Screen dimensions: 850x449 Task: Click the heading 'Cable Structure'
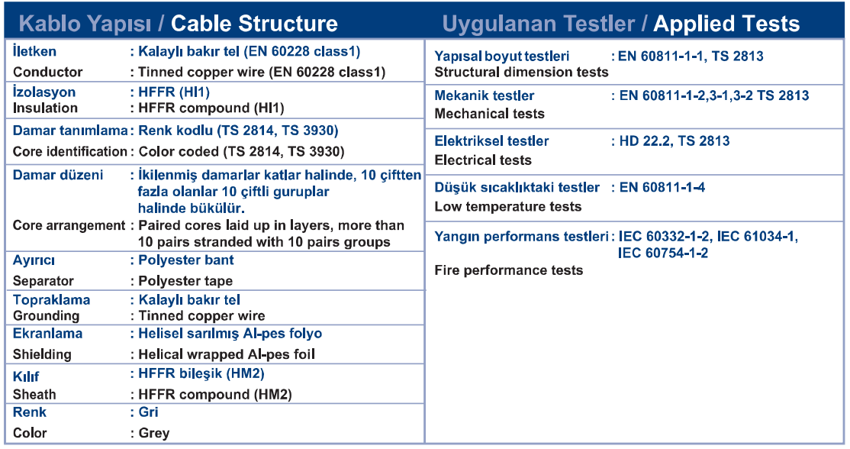pyautogui.click(x=254, y=24)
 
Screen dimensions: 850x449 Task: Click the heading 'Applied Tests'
pyautogui.click(x=726, y=24)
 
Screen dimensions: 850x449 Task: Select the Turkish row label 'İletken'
pyautogui.click(x=34, y=51)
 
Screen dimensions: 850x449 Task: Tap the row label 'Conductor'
pyautogui.click(x=48, y=72)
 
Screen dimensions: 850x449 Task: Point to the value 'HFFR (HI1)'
pyautogui.click(x=174, y=92)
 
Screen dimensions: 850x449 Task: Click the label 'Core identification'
pyautogui.click(x=70, y=152)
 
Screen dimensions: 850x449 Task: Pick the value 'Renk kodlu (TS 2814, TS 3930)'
pyautogui.click(x=239, y=131)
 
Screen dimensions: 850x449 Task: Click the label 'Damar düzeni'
pyautogui.click(x=58, y=175)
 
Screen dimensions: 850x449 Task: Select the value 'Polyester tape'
pyautogui.click(x=185, y=281)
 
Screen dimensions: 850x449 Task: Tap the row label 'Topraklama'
pyautogui.click(x=51, y=300)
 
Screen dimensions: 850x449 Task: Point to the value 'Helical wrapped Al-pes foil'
pyautogui.click(x=227, y=354)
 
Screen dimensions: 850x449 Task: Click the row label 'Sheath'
pyautogui.click(x=34, y=395)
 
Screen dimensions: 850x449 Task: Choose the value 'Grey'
pyautogui.click(x=154, y=433)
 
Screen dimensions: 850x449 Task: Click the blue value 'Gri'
pyautogui.click(x=149, y=412)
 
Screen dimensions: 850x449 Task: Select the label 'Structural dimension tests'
pyautogui.click(x=521, y=72)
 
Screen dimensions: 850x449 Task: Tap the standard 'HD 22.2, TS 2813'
pyautogui.click(x=675, y=141)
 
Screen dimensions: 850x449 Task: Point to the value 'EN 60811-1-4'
pyautogui.click(x=662, y=188)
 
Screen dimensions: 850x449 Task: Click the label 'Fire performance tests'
pyautogui.click(x=508, y=270)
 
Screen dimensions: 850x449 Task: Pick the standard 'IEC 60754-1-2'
pyautogui.click(x=663, y=254)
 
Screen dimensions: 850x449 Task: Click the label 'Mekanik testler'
pyautogui.click(x=484, y=96)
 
